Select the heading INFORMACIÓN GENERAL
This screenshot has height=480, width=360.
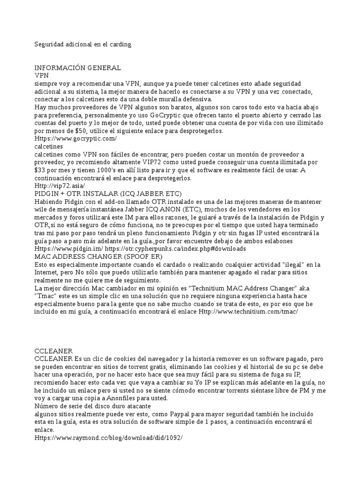click(78, 68)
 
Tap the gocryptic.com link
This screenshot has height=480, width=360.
click(75, 139)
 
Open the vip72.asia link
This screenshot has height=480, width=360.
click(60, 186)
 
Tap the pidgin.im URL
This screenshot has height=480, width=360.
click(68, 248)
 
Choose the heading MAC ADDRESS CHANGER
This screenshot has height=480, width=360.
click(98, 256)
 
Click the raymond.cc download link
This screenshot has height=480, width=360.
click(108, 438)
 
